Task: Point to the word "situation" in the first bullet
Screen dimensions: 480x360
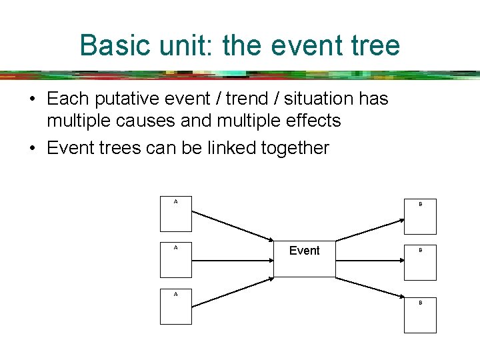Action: coord(314,99)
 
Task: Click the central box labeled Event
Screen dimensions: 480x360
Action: coord(305,258)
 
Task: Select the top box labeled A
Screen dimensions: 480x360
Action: coord(176,214)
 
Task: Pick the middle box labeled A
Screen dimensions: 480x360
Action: coord(176,260)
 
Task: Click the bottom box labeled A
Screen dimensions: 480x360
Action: coord(176,307)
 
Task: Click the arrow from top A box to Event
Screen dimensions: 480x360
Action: coord(233,227)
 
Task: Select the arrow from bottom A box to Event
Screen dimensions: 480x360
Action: coord(233,291)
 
